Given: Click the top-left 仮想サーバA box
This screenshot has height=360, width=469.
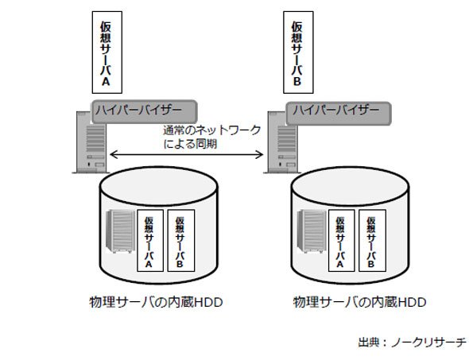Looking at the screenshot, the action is coord(107,52).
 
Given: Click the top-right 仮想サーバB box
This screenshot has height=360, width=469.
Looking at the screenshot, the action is coord(299,52).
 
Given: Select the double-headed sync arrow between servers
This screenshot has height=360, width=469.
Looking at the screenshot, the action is coord(187,155).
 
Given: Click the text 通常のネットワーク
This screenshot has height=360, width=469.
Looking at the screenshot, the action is coord(212,130).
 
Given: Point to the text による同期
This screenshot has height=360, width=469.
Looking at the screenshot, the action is coord(190,144).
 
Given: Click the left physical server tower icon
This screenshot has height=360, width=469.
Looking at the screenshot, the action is coord(91,142).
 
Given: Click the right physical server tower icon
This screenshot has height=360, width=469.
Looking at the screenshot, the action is coord(281,142).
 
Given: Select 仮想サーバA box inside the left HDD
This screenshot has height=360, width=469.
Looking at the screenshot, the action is coord(150,241).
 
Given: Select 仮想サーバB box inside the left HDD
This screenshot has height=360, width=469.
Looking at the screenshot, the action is coord(181,241).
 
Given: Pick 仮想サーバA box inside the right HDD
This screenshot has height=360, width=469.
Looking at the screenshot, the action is coord(342,241).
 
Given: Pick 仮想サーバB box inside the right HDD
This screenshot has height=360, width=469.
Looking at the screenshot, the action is coord(372,241).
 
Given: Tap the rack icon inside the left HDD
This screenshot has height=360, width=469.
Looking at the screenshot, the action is coord(121,231).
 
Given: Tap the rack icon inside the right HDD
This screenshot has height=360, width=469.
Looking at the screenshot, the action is coord(312,231).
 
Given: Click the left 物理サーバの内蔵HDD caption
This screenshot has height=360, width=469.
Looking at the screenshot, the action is coord(156,302).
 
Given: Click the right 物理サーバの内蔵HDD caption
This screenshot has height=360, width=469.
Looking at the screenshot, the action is coord(359,302).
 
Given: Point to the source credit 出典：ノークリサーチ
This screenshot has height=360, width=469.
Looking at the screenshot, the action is coord(413,342).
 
